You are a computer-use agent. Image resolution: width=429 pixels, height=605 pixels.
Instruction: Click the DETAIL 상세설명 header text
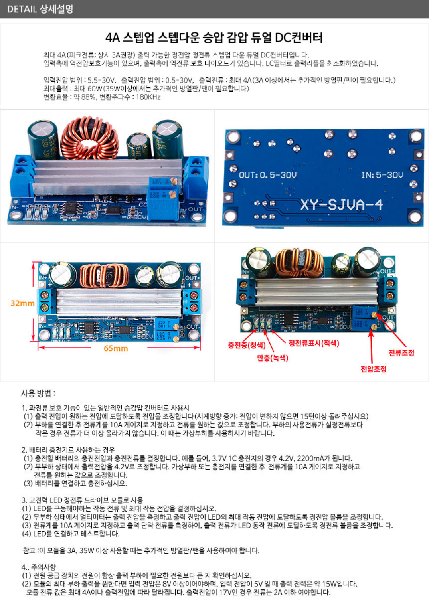pyautogui.click(x=40, y=9)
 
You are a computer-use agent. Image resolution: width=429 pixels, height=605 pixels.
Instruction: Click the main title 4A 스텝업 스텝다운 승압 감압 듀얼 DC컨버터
pyautogui.click(x=214, y=38)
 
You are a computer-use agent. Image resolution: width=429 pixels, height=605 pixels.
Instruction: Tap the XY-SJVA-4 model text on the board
pyautogui.click(x=342, y=205)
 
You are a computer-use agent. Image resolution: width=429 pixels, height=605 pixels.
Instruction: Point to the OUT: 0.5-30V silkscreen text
pyautogui.click(x=268, y=175)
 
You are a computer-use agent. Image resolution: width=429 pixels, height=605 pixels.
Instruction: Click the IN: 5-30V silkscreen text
pyautogui.click(x=382, y=175)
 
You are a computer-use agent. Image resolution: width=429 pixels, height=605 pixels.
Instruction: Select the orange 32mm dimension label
pyautogui.click(x=22, y=303)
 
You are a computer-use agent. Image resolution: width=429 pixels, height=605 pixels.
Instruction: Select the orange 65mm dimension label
pyautogui.click(x=116, y=348)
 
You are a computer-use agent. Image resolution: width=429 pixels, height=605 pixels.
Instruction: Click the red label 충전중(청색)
pyautogui.click(x=247, y=345)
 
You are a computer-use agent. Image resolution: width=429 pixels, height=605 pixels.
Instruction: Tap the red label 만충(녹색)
pyautogui.click(x=273, y=358)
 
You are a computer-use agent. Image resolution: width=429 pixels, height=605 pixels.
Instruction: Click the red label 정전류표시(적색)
pyautogui.click(x=314, y=343)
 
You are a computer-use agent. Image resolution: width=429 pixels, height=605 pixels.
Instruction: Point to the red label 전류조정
pyautogui.click(x=401, y=353)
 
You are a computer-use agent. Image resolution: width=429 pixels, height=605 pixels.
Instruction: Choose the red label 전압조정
pyautogui.click(x=374, y=369)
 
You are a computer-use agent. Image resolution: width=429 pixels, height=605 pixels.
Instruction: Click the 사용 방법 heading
pyautogui.click(x=38, y=393)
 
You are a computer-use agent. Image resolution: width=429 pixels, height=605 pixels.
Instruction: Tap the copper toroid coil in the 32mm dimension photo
pyautogui.click(x=104, y=275)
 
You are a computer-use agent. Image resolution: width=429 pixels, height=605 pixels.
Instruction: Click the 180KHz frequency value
pyautogui.click(x=148, y=97)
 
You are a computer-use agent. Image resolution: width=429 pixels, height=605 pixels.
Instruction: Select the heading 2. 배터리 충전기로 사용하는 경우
pyautogui.click(x=68, y=450)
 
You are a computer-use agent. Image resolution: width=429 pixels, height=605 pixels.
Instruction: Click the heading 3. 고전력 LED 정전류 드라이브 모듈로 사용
pyautogui.click(x=82, y=500)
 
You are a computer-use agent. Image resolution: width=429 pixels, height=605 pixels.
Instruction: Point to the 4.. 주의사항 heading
pyautogui.click(x=39, y=567)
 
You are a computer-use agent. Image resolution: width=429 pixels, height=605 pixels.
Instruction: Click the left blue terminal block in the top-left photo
pyautogui.click(x=22, y=176)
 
